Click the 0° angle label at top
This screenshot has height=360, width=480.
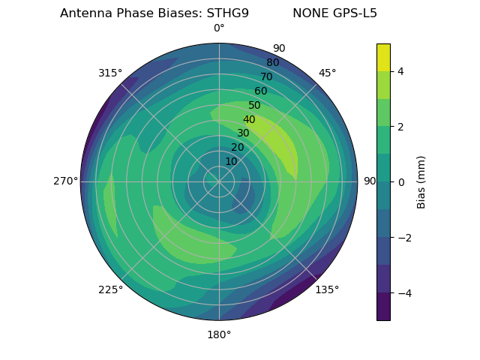click(x=219, y=28)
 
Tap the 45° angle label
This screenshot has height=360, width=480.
click(x=328, y=73)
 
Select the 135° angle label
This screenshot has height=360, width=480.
click(x=327, y=289)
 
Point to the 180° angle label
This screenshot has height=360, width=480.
click(x=219, y=334)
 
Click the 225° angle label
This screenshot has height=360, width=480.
click(x=110, y=289)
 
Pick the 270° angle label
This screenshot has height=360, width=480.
click(x=65, y=181)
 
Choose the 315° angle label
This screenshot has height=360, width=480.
click(x=110, y=73)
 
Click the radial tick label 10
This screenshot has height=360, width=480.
click(x=231, y=161)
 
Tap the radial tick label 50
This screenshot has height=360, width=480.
click(x=254, y=106)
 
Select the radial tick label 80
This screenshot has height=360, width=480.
click(x=272, y=63)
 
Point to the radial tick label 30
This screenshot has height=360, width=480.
click(x=243, y=133)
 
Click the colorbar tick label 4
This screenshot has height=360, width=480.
click(x=401, y=71)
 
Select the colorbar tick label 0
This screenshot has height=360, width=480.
click(x=401, y=181)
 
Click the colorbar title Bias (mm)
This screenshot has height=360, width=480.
click(x=421, y=181)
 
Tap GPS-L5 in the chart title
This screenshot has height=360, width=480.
click(x=356, y=13)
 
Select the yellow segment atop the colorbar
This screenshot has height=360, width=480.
click(x=383, y=57)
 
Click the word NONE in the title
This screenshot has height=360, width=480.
click(x=310, y=13)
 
